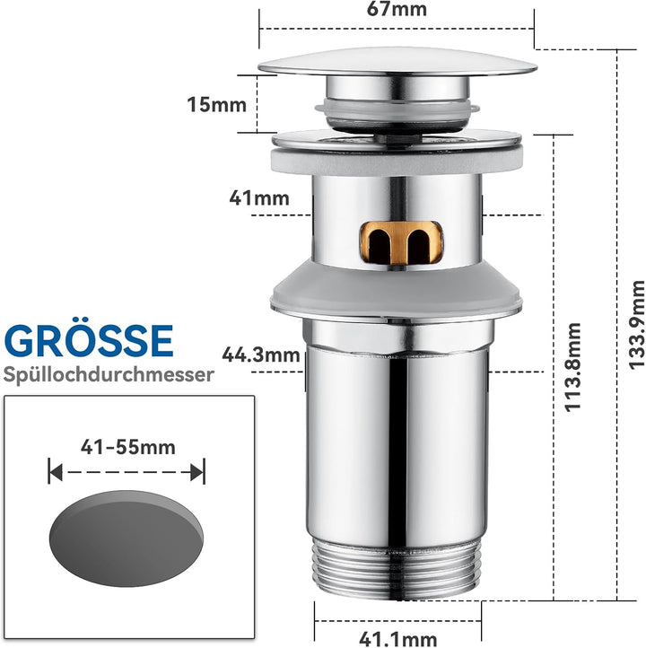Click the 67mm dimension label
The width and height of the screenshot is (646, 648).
coord(397,9)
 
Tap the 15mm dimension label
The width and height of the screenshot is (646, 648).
coord(217,104)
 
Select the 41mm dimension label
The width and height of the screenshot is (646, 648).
coord(259,198)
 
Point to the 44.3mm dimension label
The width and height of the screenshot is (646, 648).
coord(261,355)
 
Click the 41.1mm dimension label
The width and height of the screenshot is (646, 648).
coord(398,639)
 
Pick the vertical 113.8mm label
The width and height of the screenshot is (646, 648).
coord(573,367)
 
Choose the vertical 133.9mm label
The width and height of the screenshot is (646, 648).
coord(636,324)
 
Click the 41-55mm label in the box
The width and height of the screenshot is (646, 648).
coord(128,447)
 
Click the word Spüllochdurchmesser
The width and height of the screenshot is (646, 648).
coord(109,375)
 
